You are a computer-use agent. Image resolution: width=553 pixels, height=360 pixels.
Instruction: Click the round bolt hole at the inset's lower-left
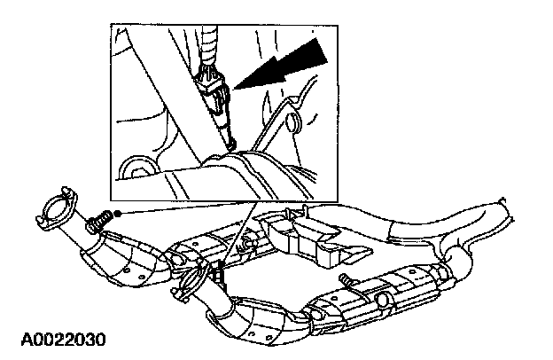(136, 168)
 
